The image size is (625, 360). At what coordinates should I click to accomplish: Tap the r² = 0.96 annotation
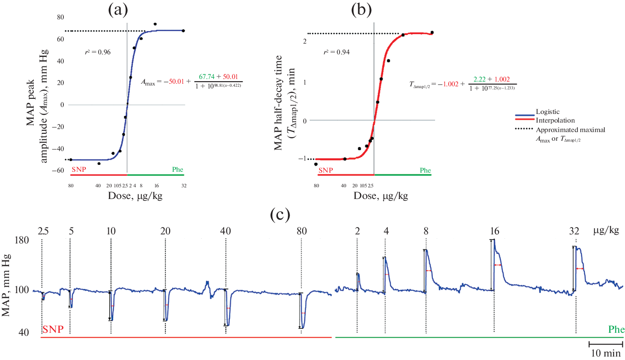click(98, 52)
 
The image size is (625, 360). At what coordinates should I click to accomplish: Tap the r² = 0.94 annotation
click(337, 52)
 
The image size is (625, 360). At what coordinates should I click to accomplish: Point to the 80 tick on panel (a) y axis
click(61, 17)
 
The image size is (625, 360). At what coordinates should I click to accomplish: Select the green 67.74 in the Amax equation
click(207, 76)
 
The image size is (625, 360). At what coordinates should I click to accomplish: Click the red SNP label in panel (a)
click(79, 169)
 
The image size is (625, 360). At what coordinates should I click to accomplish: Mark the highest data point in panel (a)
click(155, 24)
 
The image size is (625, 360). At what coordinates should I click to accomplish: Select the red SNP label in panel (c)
click(53, 330)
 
